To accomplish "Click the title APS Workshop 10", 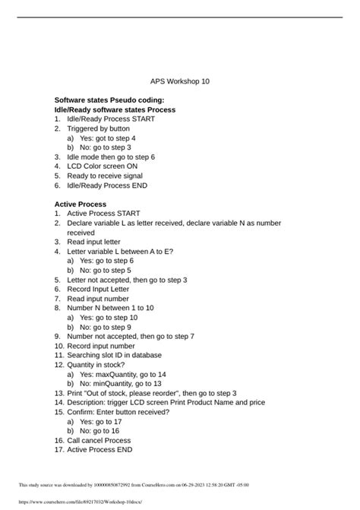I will tap(180, 81).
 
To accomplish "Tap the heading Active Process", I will tap(81, 204).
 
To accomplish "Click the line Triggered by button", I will tap(98, 128).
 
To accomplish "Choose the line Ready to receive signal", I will tap(105, 176).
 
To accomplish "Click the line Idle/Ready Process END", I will tap(107, 185).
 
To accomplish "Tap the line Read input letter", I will tap(93, 242).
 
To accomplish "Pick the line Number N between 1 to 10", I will tap(110, 308).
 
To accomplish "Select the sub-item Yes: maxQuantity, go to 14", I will tap(122, 374).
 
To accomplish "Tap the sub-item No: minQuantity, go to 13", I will tap(120, 384).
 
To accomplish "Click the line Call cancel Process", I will tap(99, 440).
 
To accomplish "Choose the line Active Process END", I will tap(99, 449).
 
